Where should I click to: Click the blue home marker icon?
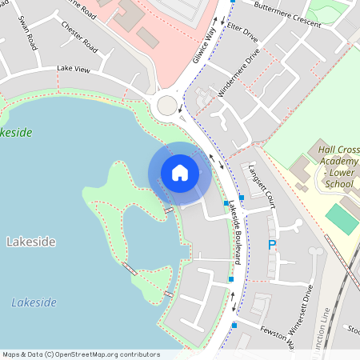(x=179, y=173)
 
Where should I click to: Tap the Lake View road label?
(x=73, y=70)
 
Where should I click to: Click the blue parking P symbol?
(x=271, y=245)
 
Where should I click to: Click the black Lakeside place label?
(x=30, y=241)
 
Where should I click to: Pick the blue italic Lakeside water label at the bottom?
(x=34, y=302)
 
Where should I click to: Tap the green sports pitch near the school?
(x=342, y=218)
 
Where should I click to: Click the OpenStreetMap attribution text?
(x=81, y=354)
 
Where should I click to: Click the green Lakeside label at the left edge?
(x=14, y=132)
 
